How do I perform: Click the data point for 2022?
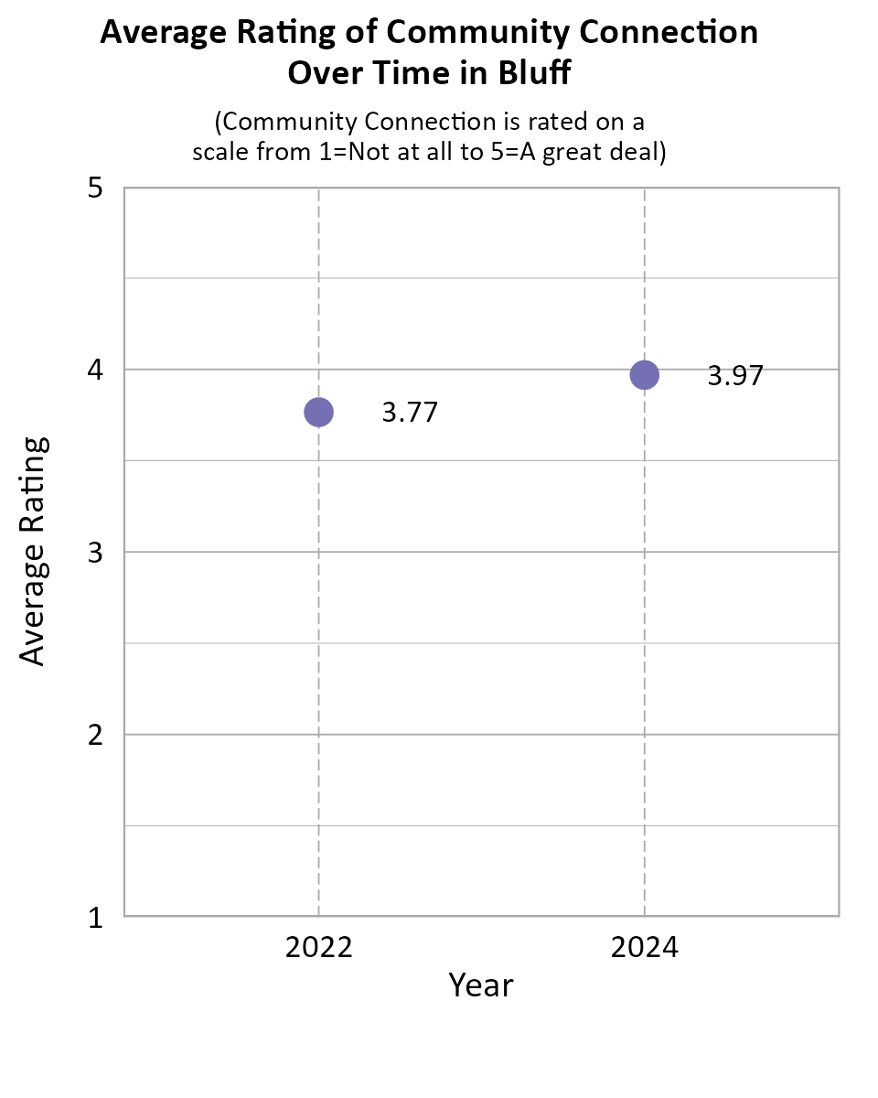click(318, 412)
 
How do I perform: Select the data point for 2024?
click(645, 375)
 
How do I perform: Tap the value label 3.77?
click(410, 413)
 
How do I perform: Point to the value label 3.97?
click(735, 376)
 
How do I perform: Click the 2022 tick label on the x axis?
click(318, 947)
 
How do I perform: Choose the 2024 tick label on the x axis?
click(645, 947)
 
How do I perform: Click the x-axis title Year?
click(481, 985)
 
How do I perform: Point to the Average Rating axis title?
click(33, 552)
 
